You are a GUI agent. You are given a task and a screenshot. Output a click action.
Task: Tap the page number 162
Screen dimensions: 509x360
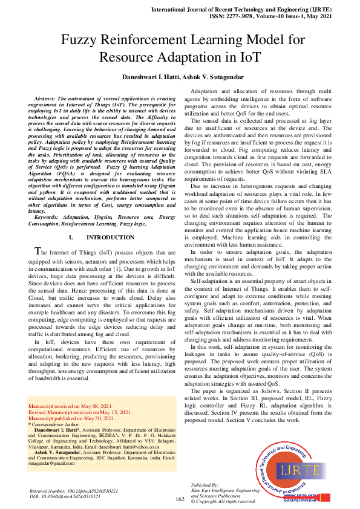[x=180, y=499]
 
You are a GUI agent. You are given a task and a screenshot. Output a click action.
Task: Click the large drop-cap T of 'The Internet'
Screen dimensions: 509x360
[x=38, y=251]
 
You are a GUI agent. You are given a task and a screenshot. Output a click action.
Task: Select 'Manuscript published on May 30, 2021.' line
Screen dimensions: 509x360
[x=73, y=418]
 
